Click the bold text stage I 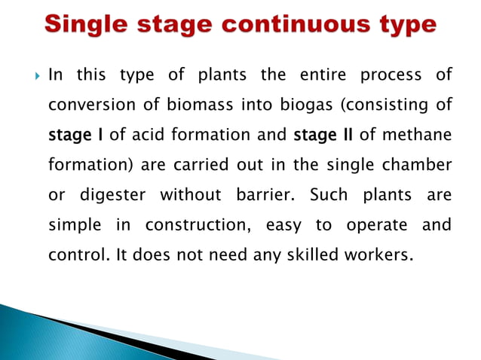pyautogui.click(x=77, y=136)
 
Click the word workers pyautogui.click(x=375, y=255)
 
